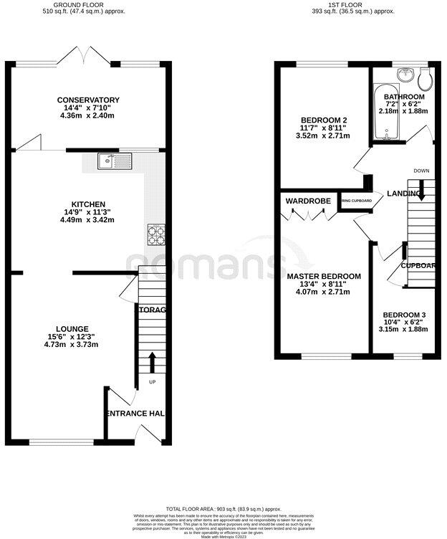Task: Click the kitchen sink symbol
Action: tap(115, 161)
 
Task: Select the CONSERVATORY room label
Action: tap(90, 100)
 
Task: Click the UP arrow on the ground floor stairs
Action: tap(152, 361)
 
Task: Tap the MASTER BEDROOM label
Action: tap(324, 276)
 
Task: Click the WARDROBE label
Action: tap(308, 201)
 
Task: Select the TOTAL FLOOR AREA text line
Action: tap(223, 507)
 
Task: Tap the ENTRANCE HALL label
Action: tap(136, 414)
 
